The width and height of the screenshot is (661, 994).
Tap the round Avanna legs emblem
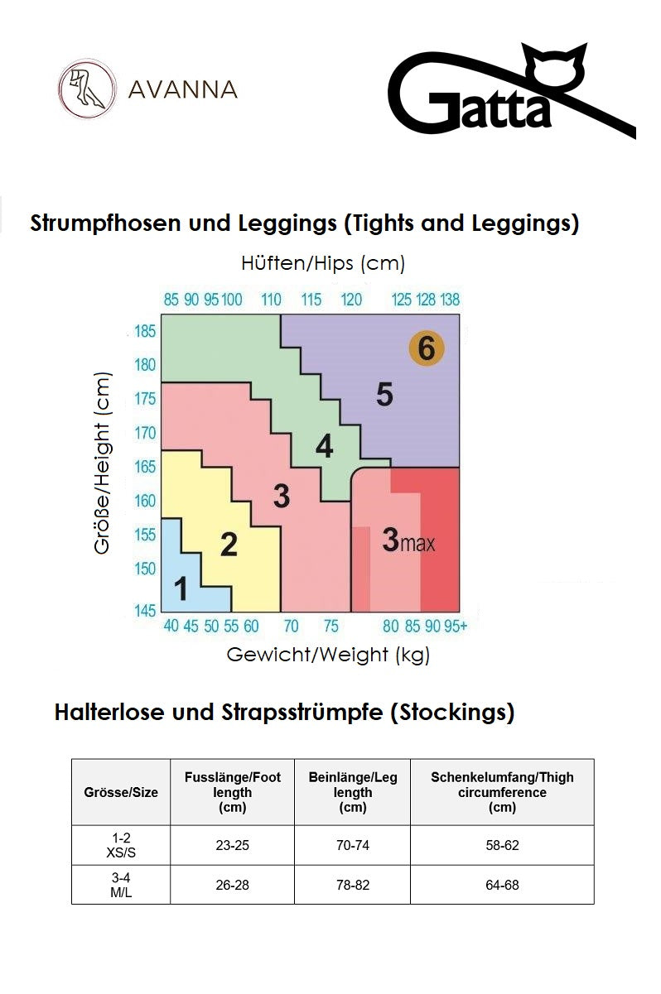click(x=87, y=89)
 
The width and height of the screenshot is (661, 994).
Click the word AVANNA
click(x=183, y=89)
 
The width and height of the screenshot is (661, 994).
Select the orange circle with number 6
click(x=427, y=348)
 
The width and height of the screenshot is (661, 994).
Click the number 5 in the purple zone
click(x=384, y=395)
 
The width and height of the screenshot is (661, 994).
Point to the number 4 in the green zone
click(x=324, y=447)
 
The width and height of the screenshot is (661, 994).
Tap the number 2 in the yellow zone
click(x=229, y=545)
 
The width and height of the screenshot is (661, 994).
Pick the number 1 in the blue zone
click(x=181, y=589)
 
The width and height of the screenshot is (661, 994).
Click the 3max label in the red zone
click(x=408, y=540)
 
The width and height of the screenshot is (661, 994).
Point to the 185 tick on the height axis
click(x=145, y=332)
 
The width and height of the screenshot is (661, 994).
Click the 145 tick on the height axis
click(x=145, y=611)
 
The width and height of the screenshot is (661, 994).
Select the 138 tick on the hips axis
click(x=450, y=299)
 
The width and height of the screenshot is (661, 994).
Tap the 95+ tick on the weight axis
click(x=457, y=627)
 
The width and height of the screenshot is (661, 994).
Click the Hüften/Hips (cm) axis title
click(x=323, y=264)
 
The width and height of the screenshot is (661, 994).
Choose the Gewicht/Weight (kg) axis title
click(x=328, y=655)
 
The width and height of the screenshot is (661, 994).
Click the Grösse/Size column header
click(x=121, y=792)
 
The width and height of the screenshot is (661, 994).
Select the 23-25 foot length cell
click(x=232, y=845)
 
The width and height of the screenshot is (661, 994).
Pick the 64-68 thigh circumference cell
click(x=502, y=885)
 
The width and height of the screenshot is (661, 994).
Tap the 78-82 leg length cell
click(x=353, y=885)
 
